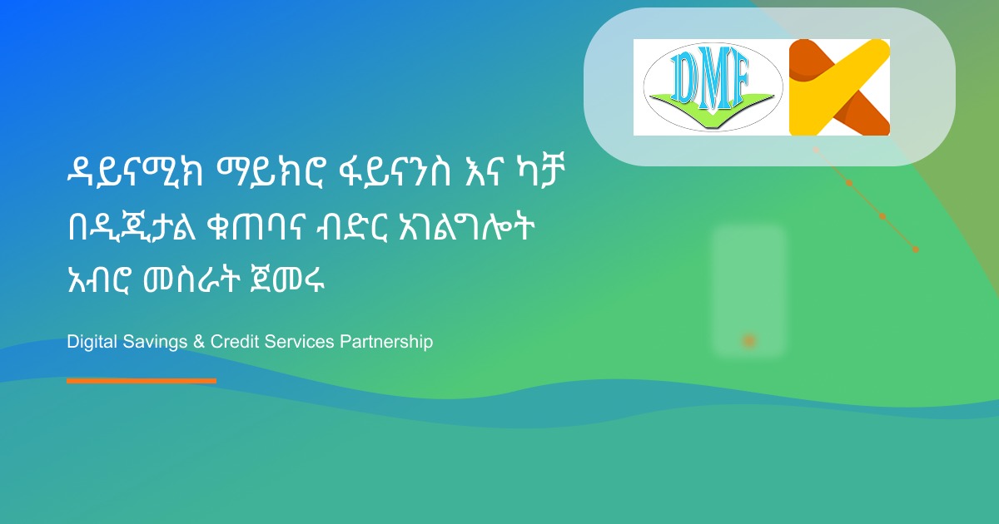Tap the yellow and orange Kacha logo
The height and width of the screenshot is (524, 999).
839,87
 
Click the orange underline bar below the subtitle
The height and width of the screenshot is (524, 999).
142,381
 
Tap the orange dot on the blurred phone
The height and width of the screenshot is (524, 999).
748,340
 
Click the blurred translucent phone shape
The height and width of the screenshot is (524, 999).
748,283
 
